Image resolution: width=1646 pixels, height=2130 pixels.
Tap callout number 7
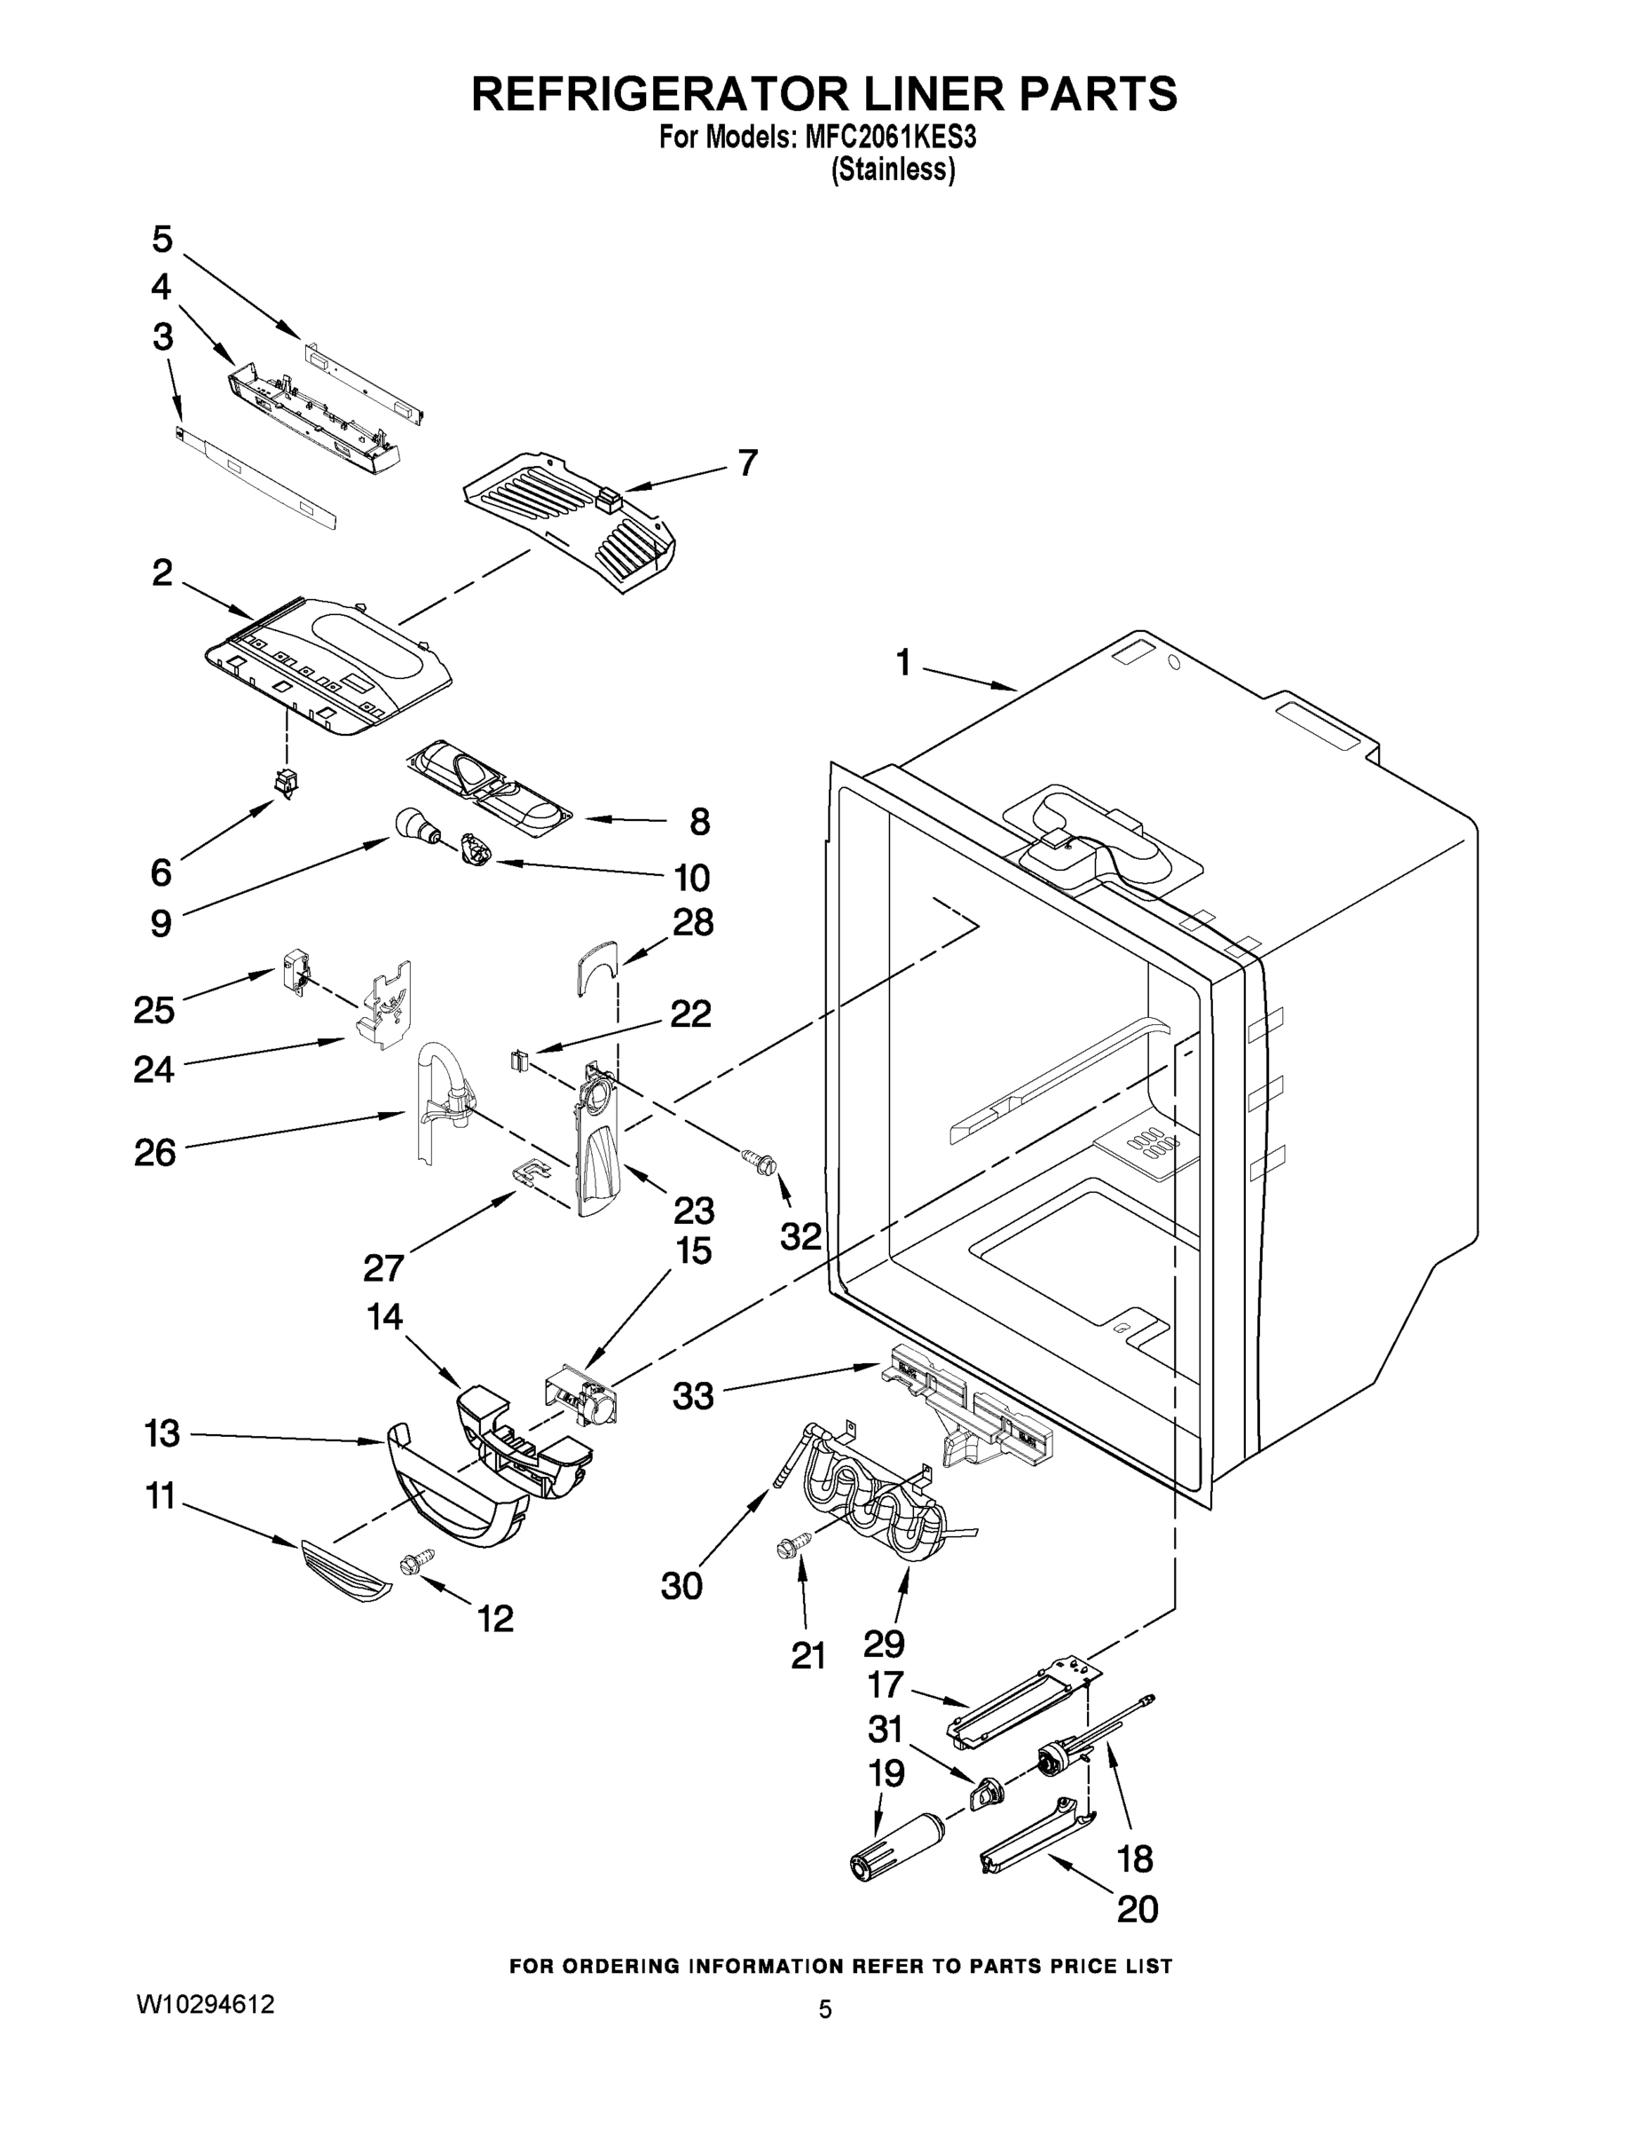click(747, 463)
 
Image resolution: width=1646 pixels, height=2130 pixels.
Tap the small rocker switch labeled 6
click(286, 782)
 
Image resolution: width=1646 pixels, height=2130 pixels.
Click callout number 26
click(155, 1152)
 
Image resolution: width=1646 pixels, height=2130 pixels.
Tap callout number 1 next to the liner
click(903, 663)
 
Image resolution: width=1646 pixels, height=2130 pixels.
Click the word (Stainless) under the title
click(893, 170)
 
